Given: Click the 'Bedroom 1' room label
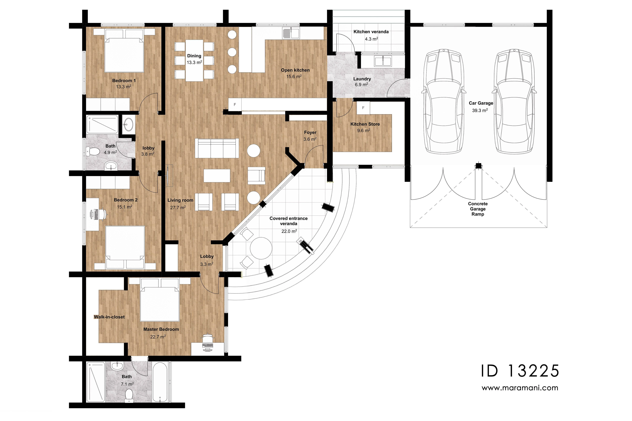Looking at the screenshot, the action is point(124,81).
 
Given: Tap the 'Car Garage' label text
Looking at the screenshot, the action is point(481,103).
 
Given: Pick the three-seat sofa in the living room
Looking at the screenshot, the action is point(217,149).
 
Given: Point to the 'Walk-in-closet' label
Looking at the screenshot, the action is point(109,317).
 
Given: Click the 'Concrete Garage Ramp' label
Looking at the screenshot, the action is point(478,209).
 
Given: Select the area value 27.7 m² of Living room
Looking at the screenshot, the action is point(178,208).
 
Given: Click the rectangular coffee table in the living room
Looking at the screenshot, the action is point(217,175).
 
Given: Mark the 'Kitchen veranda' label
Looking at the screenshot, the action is point(371,32).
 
